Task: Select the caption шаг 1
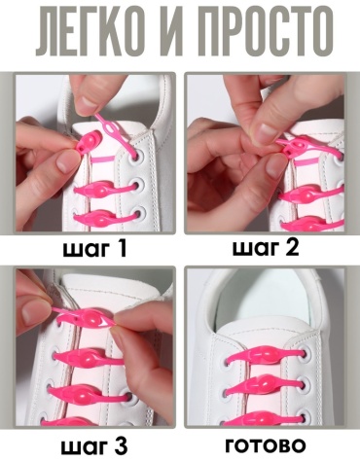click(x=94, y=249)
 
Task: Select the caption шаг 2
click(x=266, y=249)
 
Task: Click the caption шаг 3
click(x=94, y=446)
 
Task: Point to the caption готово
click(x=266, y=445)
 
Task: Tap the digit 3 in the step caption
click(x=121, y=445)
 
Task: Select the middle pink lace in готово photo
click(x=263, y=385)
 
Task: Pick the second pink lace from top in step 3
click(x=90, y=358)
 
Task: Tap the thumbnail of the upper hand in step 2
click(x=265, y=131)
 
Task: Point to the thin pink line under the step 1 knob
click(x=103, y=160)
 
